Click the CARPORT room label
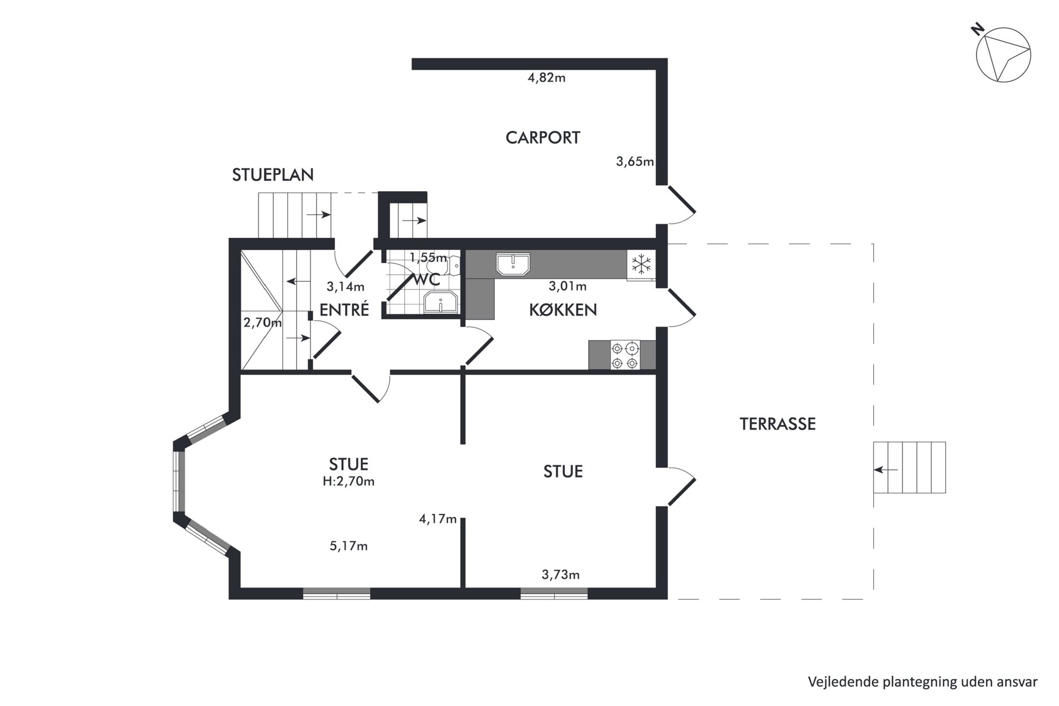[542, 138]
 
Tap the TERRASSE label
[778, 424]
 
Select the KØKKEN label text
[563, 310]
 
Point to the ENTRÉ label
[344, 310]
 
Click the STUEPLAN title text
[273, 175]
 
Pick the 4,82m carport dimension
[547, 78]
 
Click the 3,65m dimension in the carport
[635, 162]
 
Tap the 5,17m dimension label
[349, 546]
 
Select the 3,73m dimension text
[560, 575]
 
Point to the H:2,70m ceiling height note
[349, 481]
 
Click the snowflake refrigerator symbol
[641, 264]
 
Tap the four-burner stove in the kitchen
[625, 355]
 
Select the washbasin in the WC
[441, 302]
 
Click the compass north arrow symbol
[1003, 55]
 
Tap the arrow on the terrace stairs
[886, 470]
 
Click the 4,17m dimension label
[438, 519]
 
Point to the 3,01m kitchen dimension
[568, 287]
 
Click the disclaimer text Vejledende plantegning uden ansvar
[923, 682]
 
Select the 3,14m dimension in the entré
[346, 287]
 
